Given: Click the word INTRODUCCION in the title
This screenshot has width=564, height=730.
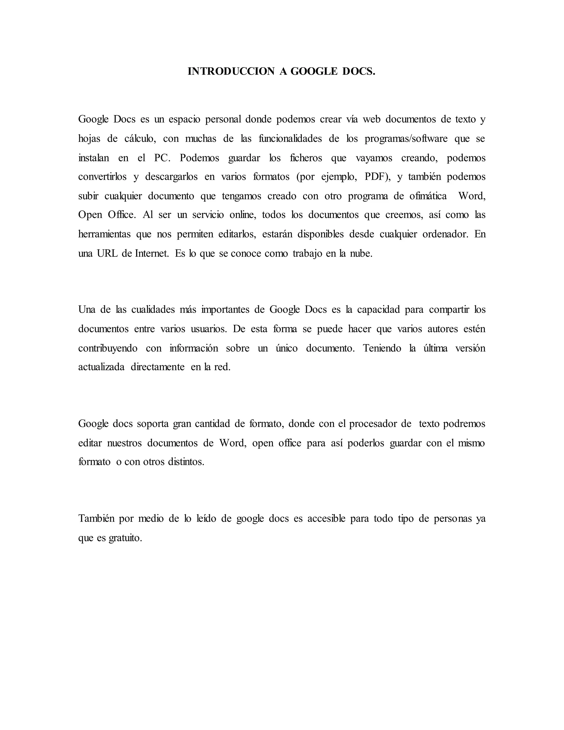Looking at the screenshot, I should (x=231, y=71).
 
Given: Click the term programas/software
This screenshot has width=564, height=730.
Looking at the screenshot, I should (x=406, y=138).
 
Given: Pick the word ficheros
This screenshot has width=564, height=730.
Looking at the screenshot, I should (x=306, y=157).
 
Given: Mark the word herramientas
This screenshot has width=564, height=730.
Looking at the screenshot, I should (x=104, y=234).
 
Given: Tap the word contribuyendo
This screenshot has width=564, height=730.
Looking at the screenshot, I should (x=108, y=348).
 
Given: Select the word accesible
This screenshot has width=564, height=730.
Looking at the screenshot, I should (x=326, y=518).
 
